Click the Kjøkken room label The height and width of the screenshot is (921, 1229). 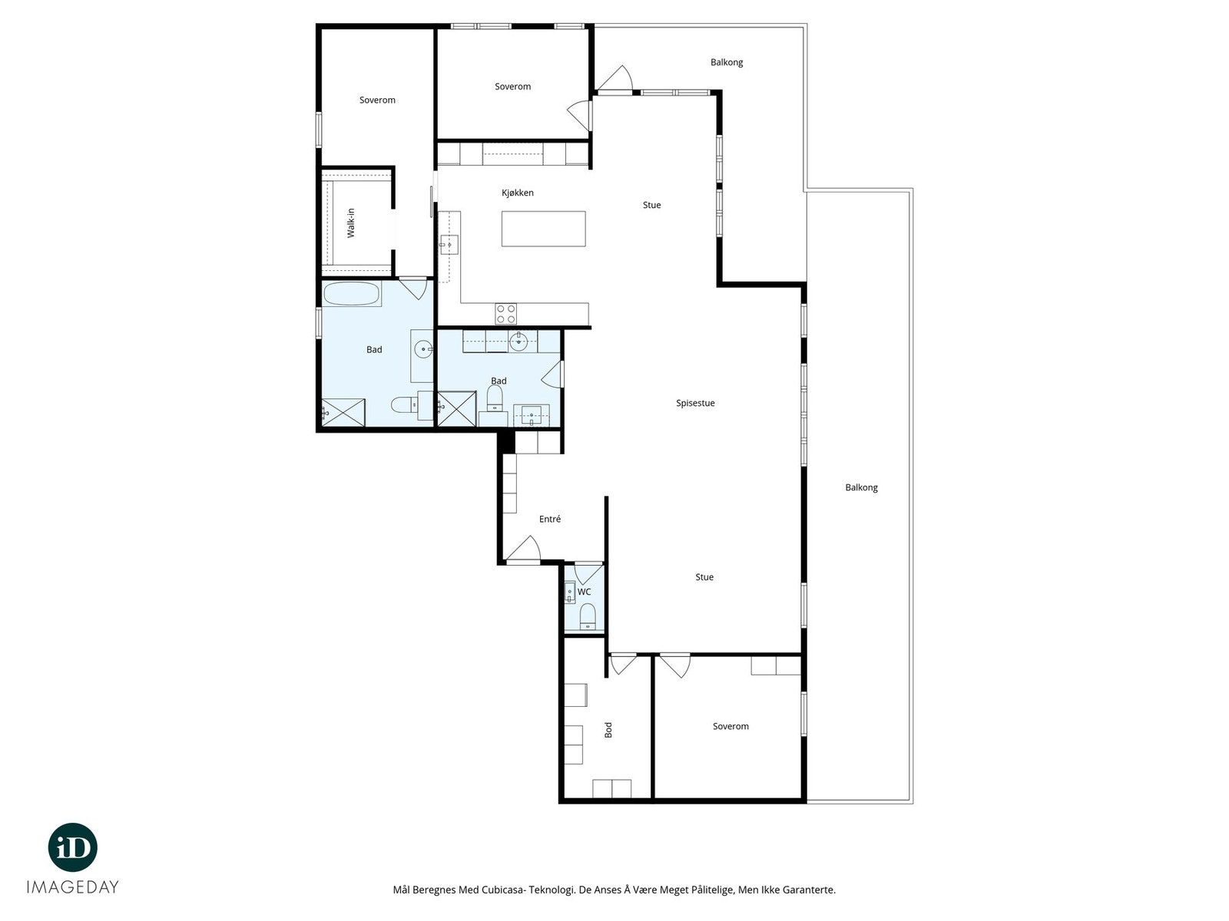[x=518, y=193]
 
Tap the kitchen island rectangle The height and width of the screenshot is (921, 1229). [x=543, y=229]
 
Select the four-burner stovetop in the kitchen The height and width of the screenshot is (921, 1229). [x=505, y=314]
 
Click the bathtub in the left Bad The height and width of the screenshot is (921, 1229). [x=352, y=294]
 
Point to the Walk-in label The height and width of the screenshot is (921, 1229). [x=351, y=223]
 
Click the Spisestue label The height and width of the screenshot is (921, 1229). [x=695, y=403]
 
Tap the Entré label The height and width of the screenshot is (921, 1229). [x=550, y=519]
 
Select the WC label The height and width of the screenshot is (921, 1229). [x=584, y=592]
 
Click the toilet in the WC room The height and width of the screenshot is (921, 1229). [x=588, y=618]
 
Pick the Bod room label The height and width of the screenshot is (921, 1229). [x=608, y=730]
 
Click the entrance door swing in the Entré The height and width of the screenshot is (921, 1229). [x=524, y=548]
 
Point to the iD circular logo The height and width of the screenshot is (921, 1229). [x=73, y=847]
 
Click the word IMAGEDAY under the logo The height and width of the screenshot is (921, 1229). [x=73, y=887]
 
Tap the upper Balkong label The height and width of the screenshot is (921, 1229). [x=726, y=62]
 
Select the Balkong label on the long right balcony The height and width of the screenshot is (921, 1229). [x=861, y=487]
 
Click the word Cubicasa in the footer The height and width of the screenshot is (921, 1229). [x=503, y=889]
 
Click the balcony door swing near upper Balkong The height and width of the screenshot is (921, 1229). [x=615, y=78]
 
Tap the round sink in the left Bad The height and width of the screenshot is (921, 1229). [x=423, y=349]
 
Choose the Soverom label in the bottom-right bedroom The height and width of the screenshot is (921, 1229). [x=730, y=726]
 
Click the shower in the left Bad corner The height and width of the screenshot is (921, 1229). [x=343, y=413]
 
